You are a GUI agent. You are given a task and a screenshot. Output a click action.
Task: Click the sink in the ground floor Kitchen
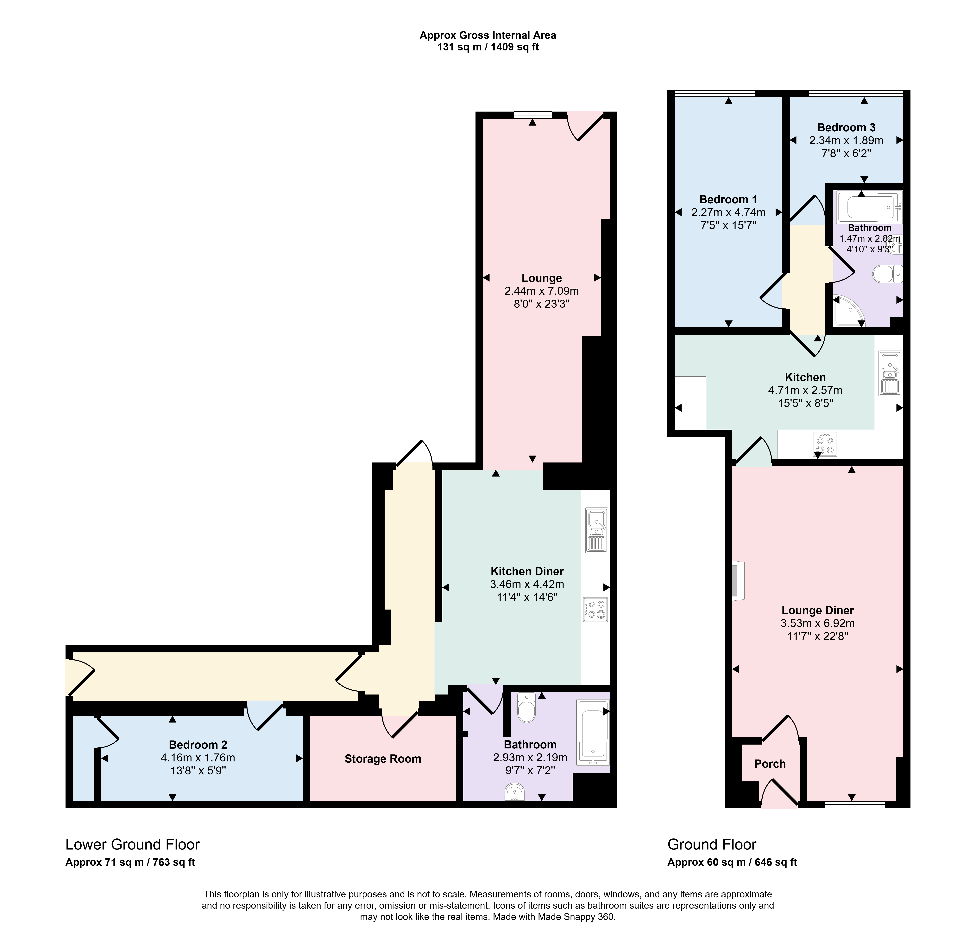coord(890,374)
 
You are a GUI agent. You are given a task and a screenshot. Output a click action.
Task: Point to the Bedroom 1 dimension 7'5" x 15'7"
coord(728,225)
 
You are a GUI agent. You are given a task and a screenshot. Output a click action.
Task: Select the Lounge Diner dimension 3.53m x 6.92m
coord(818,623)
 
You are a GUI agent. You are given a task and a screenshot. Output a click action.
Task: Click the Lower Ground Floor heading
coord(132,844)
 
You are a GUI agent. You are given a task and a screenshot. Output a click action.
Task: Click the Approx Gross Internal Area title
coord(488,35)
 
